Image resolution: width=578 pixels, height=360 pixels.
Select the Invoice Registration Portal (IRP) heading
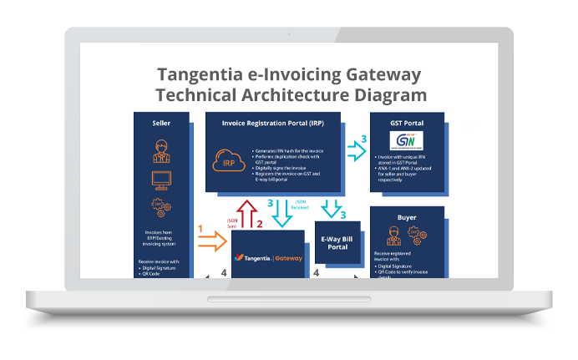pos(273,123)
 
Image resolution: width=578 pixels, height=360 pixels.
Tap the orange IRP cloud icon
pos(230,162)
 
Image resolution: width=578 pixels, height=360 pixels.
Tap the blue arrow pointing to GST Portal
pos(356,151)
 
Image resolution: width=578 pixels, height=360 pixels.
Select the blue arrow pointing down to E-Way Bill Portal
pos(332,208)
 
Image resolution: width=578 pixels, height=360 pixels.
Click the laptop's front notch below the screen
pos(290,299)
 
